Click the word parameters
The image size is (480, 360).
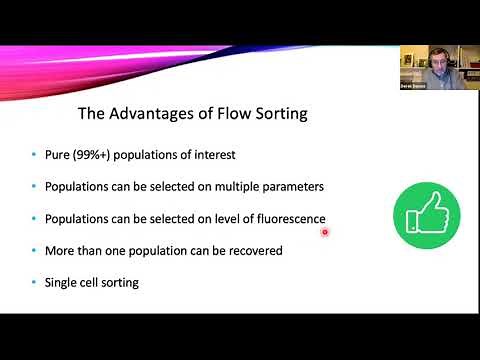pyautogui.click(x=293, y=187)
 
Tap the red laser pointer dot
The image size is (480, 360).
pyautogui.click(x=325, y=232)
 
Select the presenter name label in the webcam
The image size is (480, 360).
pyautogui.click(x=414, y=90)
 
